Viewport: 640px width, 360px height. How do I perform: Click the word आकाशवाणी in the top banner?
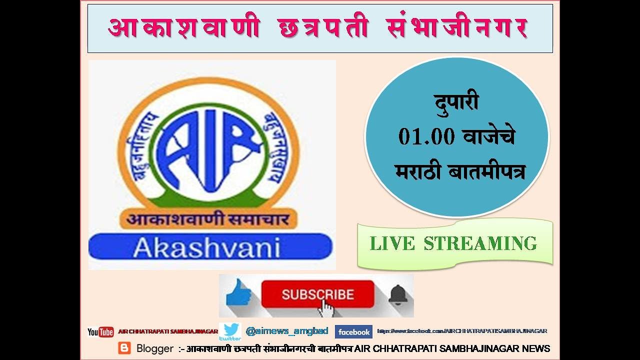point(184,28)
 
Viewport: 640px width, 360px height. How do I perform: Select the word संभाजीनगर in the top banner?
point(457,28)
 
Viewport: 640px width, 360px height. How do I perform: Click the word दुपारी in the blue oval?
point(455,103)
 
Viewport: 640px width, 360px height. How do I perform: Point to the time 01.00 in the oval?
point(426,137)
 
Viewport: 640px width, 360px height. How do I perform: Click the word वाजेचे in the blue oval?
point(488,137)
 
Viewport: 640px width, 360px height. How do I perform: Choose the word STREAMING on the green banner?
point(480,243)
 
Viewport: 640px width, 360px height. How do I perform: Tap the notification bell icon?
point(398,294)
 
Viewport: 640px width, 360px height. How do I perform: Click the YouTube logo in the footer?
point(100,331)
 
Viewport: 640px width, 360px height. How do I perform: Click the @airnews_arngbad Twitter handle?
point(287,331)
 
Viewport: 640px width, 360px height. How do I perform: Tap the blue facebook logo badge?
point(353,332)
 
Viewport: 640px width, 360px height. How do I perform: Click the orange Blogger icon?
point(124,348)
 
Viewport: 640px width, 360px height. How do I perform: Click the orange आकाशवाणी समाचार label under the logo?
point(207,218)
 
